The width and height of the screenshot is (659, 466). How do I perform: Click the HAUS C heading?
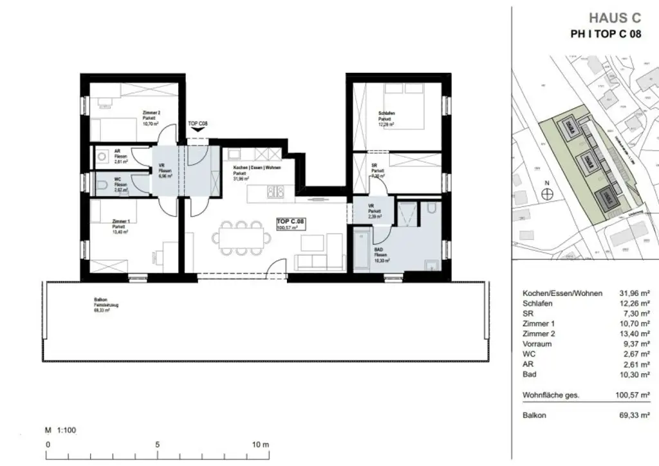[x=615, y=19]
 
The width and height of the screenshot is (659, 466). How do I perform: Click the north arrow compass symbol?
[x=547, y=198]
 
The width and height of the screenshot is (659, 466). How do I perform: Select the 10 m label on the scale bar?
[x=259, y=445]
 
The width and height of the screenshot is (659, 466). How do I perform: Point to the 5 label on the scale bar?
[x=156, y=445]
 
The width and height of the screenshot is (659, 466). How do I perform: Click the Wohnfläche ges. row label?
[x=551, y=395]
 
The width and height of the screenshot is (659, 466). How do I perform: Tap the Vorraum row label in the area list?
[x=538, y=344]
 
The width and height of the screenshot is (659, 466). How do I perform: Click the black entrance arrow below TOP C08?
[x=198, y=129]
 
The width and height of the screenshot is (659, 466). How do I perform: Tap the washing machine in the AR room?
[x=102, y=156]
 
